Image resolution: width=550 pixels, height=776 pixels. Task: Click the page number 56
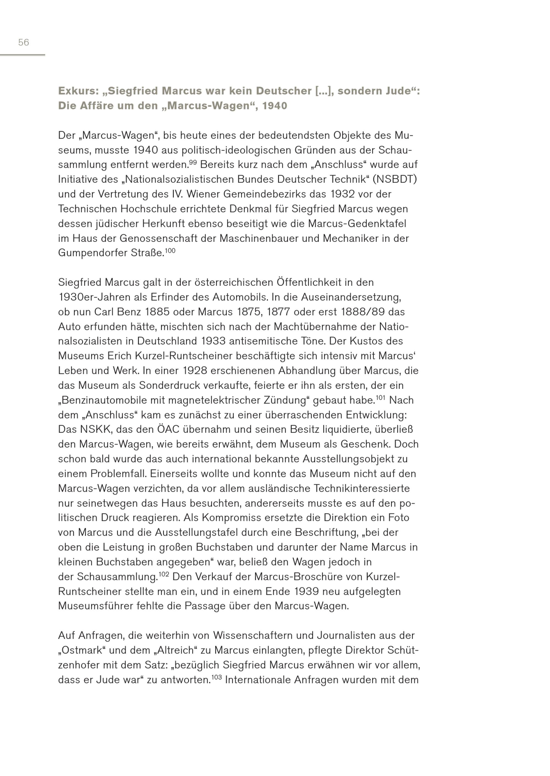[x=23, y=42]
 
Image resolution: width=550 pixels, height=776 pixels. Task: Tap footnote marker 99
[x=193, y=162]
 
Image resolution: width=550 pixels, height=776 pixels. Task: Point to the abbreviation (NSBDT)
[x=395, y=179]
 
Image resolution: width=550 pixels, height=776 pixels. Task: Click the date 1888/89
[x=360, y=312]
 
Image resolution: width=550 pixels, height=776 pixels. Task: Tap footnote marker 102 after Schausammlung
[x=164, y=574]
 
